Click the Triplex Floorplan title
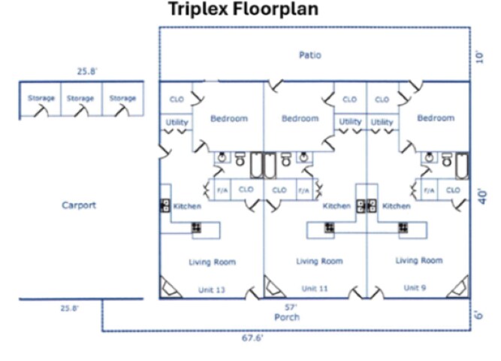coord(243,10)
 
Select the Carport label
coord(79,205)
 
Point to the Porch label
coord(287,317)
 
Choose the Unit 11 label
coord(315,288)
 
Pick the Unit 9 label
coord(415,287)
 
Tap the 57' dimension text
coord(291,307)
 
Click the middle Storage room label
coord(80,99)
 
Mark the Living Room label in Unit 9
coord(419,260)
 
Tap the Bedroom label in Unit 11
coord(300,118)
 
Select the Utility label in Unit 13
coord(177,122)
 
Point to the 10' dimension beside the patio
coord(480,56)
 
